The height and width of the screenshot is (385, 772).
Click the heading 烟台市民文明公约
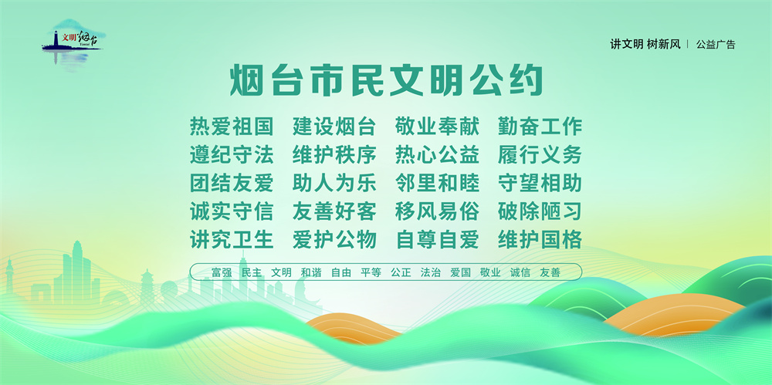click(x=387, y=81)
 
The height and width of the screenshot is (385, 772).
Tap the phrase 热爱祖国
click(x=232, y=127)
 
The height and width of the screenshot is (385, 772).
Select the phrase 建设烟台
click(x=334, y=127)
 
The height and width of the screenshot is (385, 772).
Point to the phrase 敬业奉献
click(x=437, y=127)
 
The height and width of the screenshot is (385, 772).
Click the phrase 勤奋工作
click(x=540, y=127)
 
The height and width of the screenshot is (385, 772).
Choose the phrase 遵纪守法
click(x=232, y=154)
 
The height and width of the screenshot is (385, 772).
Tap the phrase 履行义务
click(x=540, y=154)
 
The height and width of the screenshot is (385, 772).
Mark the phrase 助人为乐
click(x=334, y=183)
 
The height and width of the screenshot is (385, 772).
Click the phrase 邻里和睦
click(x=437, y=183)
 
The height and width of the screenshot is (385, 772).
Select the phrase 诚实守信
click(x=232, y=211)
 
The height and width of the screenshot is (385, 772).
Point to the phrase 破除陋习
click(x=540, y=211)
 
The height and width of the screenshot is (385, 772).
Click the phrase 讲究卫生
click(x=232, y=240)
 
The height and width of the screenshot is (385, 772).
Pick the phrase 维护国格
click(x=540, y=240)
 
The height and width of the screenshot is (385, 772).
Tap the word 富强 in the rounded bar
click(x=222, y=272)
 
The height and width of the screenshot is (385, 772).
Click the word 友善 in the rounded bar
click(x=550, y=272)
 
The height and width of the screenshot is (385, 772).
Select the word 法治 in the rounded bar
click(x=430, y=272)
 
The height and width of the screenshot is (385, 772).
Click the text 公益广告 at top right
click(x=716, y=44)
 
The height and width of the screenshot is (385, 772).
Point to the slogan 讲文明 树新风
click(x=645, y=44)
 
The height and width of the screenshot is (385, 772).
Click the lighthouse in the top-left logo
click(x=56, y=39)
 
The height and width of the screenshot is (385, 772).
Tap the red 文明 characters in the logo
click(x=69, y=38)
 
